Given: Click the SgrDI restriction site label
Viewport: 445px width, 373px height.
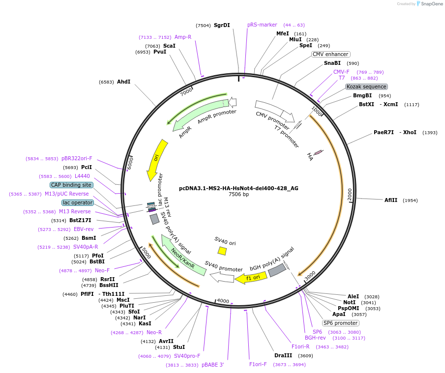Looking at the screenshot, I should (221, 25).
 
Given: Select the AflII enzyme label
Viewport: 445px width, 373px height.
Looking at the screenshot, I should (392, 200).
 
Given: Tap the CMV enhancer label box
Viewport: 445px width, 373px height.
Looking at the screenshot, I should (330, 54).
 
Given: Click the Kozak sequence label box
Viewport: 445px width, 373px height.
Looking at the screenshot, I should (366, 86).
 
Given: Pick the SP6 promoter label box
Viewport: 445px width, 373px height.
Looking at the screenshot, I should (340, 323).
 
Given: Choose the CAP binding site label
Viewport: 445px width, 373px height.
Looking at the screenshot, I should (71, 185).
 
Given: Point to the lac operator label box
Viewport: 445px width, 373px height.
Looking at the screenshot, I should (77, 202).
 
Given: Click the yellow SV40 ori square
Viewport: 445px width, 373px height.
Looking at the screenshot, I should (222, 251).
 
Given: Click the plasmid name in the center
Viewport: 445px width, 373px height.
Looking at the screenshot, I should (238, 188).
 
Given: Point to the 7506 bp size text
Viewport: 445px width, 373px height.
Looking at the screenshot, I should (238, 195).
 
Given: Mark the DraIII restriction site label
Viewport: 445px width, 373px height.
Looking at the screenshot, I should (283, 355).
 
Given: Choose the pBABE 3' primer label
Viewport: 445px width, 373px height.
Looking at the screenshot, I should (212, 365).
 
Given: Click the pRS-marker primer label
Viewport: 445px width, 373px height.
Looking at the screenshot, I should (262, 25).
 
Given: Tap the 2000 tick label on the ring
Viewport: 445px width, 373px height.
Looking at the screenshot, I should (350, 194).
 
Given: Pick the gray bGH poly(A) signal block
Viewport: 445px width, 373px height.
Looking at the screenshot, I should (277, 270).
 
